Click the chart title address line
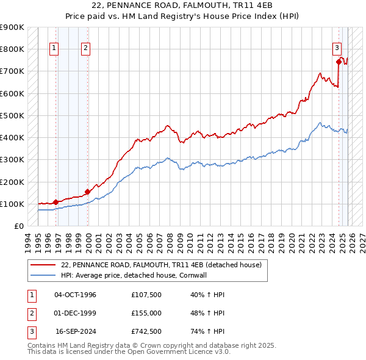click(183, 5)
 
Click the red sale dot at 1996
click(56, 202)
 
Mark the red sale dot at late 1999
click(87, 192)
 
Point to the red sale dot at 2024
click(339, 61)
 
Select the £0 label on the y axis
click(18, 226)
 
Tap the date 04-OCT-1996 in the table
click(75, 295)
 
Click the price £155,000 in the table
click(146, 313)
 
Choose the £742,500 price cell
click(146, 331)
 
